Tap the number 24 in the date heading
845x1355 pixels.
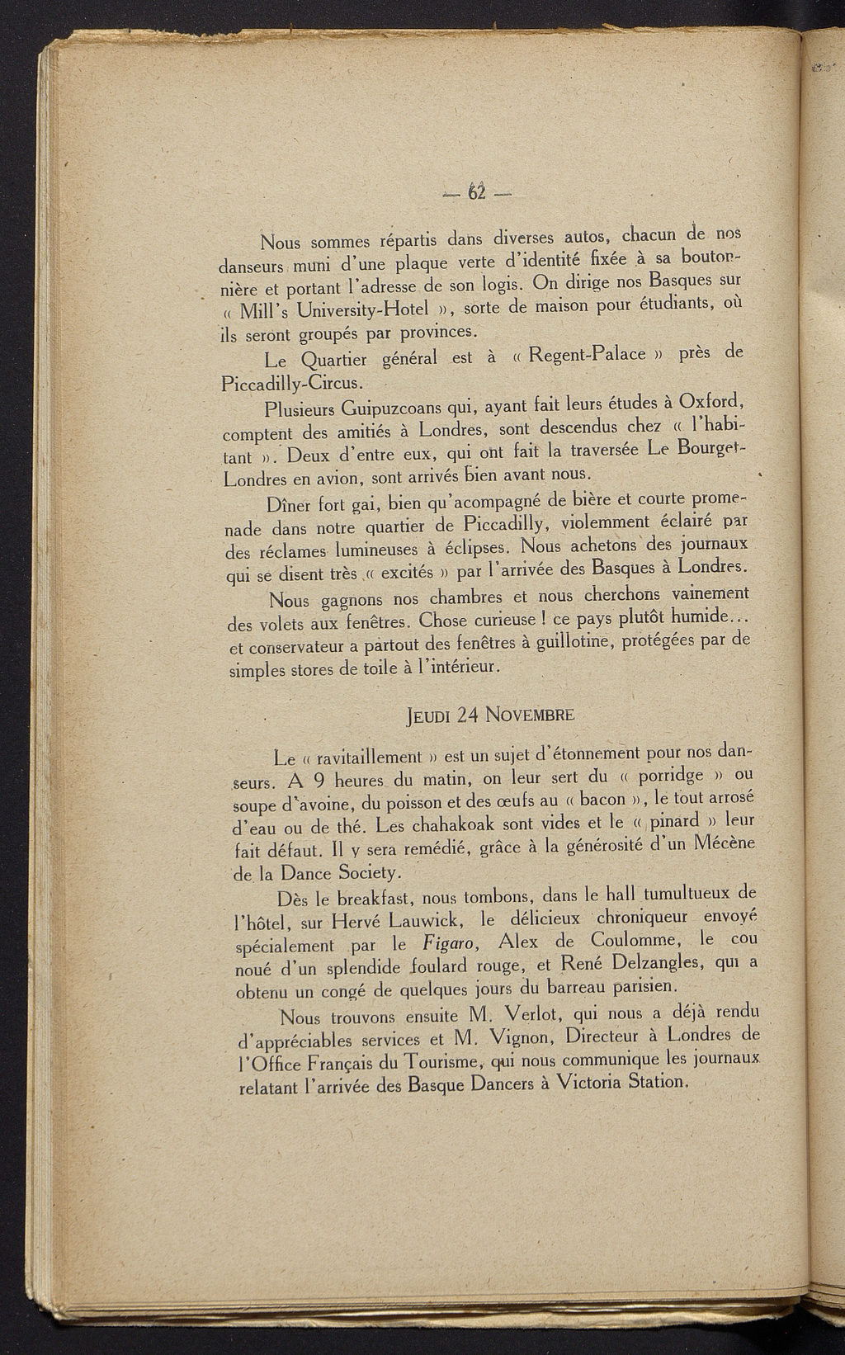pyautogui.click(x=468, y=714)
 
